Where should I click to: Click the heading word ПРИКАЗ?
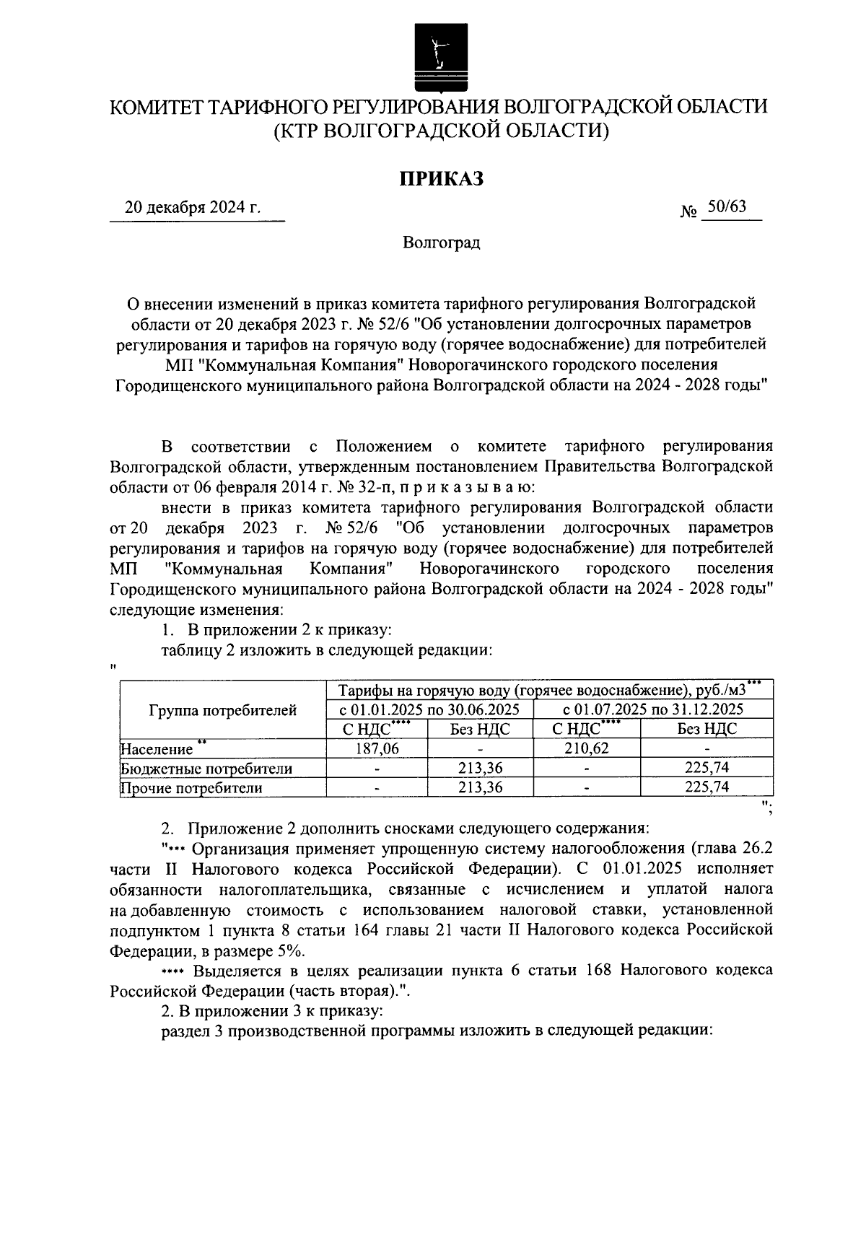(x=442, y=178)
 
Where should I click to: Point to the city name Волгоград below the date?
(x=442, y=242)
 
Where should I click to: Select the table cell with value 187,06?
(x=377, y=748)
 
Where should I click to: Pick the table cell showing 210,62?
(x=586, y=748)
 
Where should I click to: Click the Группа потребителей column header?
(x=222, y=710)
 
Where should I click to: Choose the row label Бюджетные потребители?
(x=206, y=769)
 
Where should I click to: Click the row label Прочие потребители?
(x=191, y=788)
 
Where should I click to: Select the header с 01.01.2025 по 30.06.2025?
(x=429, y=709)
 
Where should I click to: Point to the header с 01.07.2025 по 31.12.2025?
(x=652, y=709)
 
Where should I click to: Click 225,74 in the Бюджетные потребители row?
(x=707, y=768)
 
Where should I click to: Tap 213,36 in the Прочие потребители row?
(x=480, y=787)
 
